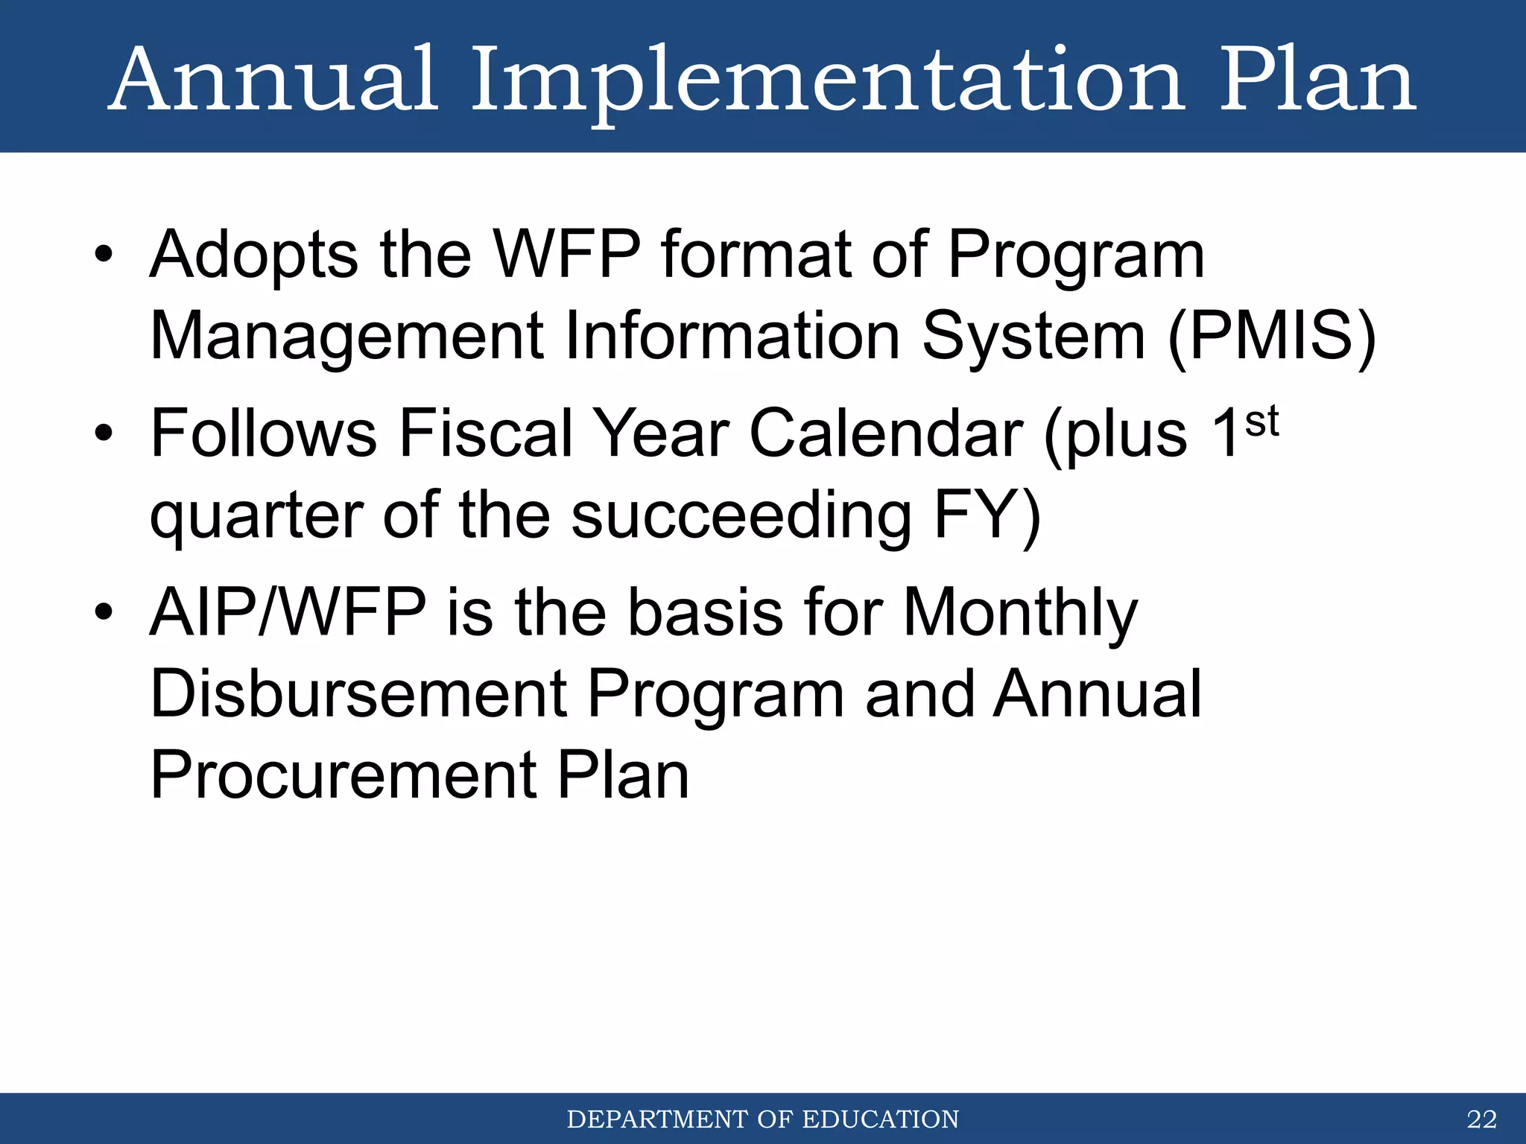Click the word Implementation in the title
coord(827,80)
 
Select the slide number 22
coord(1481,1119)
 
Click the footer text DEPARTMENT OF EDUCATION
coord(762,1119)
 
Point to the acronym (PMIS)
coord(1271,337)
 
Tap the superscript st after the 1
coord(1261,421)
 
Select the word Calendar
coord(886,434)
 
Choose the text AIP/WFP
coord(288,613)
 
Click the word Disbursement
coord(358,694)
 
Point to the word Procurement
coord(343,776)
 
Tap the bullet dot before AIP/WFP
coord(104,612)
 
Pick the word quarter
coord(256,518)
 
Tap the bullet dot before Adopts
coord(104,255)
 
